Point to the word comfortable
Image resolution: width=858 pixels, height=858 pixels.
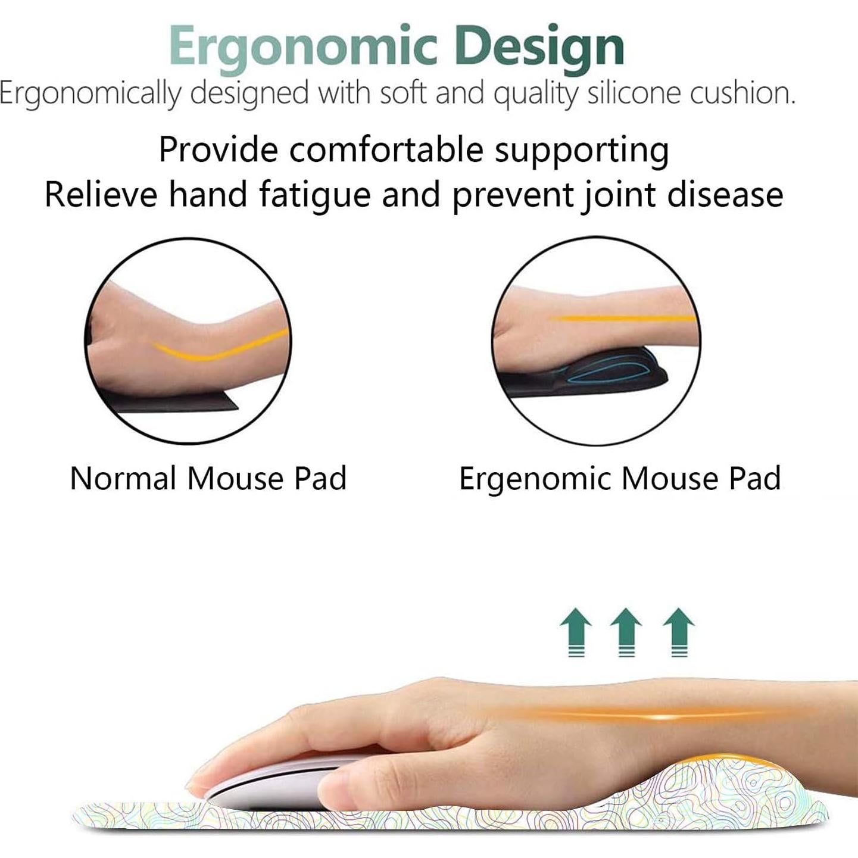[x=386, y=149]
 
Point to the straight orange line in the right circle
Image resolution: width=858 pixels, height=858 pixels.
[x=619, y=319]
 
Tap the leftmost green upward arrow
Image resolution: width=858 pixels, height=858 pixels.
[x=576, y=631]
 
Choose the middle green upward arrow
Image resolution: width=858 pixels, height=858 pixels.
[x=626, y=631]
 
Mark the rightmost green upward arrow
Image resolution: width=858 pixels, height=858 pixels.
[x=679, y=631]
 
